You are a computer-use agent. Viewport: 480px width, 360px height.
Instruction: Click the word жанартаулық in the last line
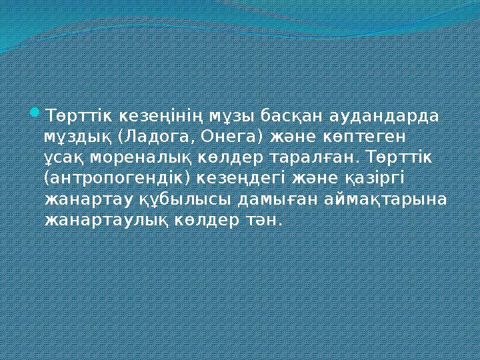point(101,220)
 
